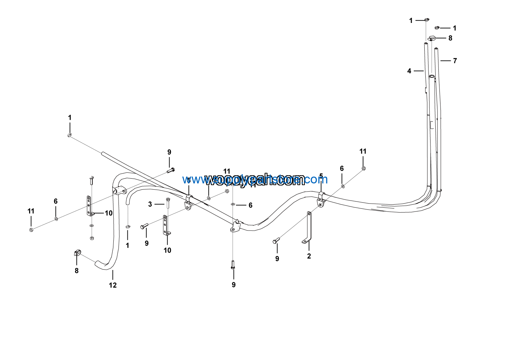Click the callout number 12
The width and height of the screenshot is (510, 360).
113,285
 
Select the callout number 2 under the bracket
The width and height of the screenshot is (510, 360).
309,256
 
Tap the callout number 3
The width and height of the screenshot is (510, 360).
150,204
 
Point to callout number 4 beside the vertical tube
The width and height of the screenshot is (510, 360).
409,71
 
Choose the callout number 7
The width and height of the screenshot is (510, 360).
455,61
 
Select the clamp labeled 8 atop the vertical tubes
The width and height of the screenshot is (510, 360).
432,38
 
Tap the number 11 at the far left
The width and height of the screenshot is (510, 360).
31,211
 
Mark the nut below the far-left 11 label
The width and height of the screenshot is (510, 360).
31,229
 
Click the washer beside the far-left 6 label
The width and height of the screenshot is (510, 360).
56,218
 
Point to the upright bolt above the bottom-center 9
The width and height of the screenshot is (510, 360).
233,265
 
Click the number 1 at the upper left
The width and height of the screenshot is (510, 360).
70,117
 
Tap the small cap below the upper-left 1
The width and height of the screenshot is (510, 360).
70,135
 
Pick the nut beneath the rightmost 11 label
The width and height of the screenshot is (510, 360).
363,168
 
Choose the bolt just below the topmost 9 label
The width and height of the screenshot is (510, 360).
171,170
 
